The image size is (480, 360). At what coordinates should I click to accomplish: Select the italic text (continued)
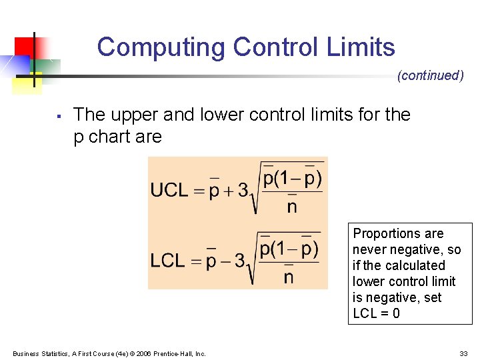click(x=430, y=75)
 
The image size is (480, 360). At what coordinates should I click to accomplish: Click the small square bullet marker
click(x=59, y=117)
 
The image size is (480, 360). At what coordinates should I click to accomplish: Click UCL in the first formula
click(x=169, y=190)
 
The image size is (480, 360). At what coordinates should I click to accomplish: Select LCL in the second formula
click(x=167, y=260)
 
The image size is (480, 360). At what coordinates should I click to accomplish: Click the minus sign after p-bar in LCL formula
click(x=227, y=261)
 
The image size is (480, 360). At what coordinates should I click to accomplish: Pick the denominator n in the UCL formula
click(x=291, y=207)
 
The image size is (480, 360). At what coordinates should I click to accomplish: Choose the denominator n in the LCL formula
click(x=288, y=276)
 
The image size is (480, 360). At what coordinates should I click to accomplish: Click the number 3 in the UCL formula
click(x=244, y=191)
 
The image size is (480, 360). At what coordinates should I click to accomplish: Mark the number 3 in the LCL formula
click(x=241, y=260)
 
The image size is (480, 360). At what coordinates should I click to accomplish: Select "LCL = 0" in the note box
click(x=376, y=313)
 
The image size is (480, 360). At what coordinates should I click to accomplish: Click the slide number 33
click(x=463, y=353)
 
